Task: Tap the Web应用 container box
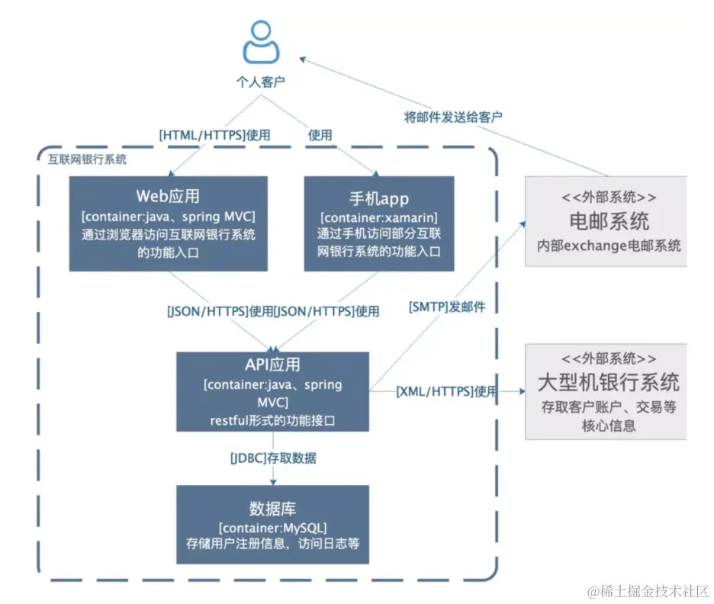(169, 223)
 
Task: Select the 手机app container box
(378, 223)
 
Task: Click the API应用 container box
(273, 390)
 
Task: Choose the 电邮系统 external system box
(606, 221)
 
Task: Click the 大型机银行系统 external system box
(606, 390)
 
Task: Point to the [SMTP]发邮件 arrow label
(448, 307)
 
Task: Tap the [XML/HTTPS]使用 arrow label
(446, 391)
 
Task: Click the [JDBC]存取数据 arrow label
(273, 458)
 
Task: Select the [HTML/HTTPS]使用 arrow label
(214, 135)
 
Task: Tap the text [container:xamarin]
(378, 219)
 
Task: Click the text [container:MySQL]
(272, 528)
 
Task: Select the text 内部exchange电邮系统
(609, 246)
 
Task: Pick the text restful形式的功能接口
(272, 419)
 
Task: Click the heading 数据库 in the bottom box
(272, 509)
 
